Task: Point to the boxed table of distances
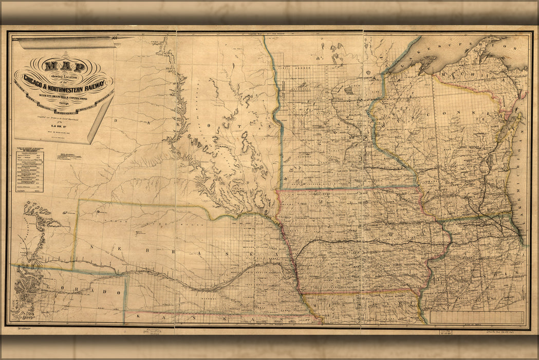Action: pos(29,171)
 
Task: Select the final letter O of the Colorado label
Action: pos(118,292)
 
